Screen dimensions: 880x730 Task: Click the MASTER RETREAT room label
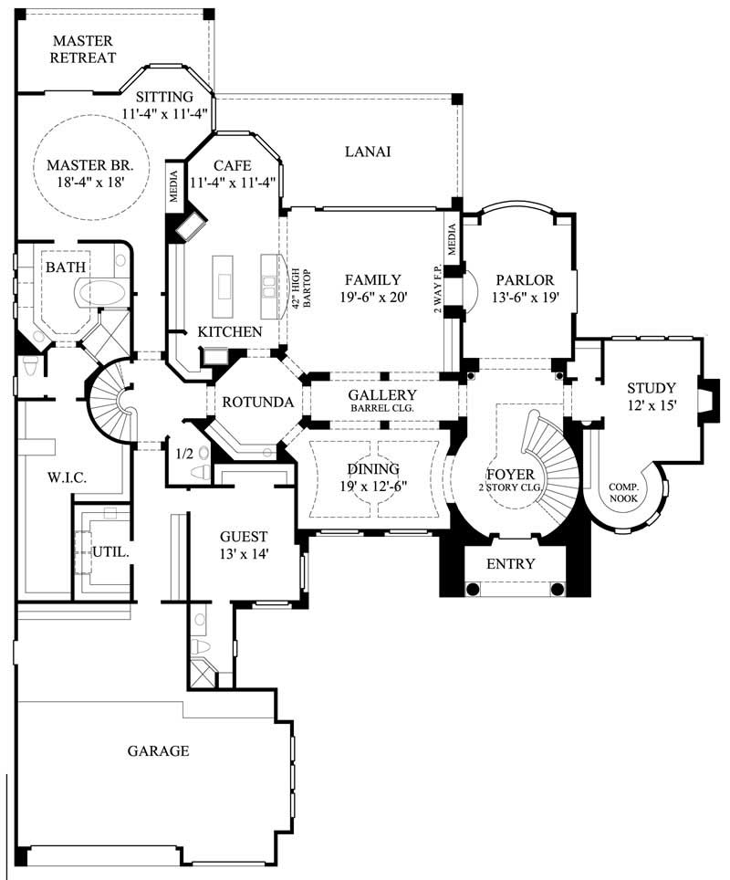(x=83, y=49)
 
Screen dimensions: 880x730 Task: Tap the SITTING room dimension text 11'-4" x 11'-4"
(x=165, y=114)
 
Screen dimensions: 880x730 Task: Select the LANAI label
(x=369, y=152)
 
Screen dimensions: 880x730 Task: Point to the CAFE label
(x=232, y=165)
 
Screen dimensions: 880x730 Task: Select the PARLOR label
(x=520, y=279)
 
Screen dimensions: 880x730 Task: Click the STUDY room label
(x=651, y=388)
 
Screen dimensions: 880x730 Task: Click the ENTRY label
(x=510, y=563)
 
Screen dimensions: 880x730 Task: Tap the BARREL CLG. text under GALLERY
(x=383, y=408)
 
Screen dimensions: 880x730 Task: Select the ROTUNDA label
(x=257, y=402)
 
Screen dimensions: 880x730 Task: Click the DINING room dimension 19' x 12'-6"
(x=372, y=487)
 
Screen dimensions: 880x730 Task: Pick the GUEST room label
(x=244, y=537)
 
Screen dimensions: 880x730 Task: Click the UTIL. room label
(x=109, y=552)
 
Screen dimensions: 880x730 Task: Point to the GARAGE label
(x=158, y=750)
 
